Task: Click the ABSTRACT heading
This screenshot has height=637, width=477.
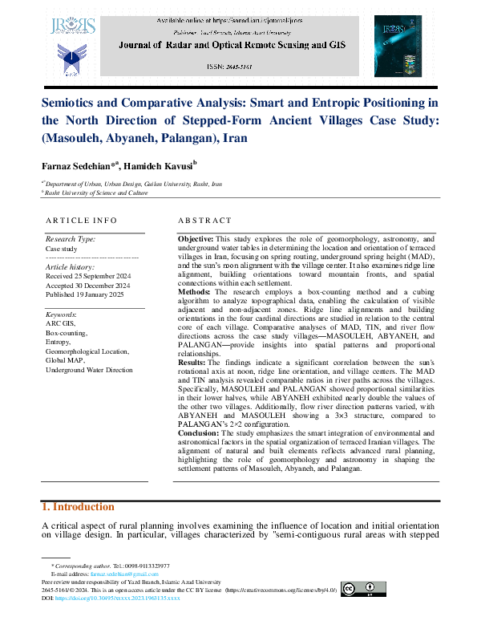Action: point(204,220)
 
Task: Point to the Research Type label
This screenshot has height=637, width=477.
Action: point(71,239)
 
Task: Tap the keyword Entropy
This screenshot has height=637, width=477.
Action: point(59,341)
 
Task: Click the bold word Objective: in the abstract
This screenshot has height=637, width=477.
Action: point(195,239)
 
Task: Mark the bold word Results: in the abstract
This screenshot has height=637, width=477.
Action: point(192,362)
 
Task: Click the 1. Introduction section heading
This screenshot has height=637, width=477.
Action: point(77,507)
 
